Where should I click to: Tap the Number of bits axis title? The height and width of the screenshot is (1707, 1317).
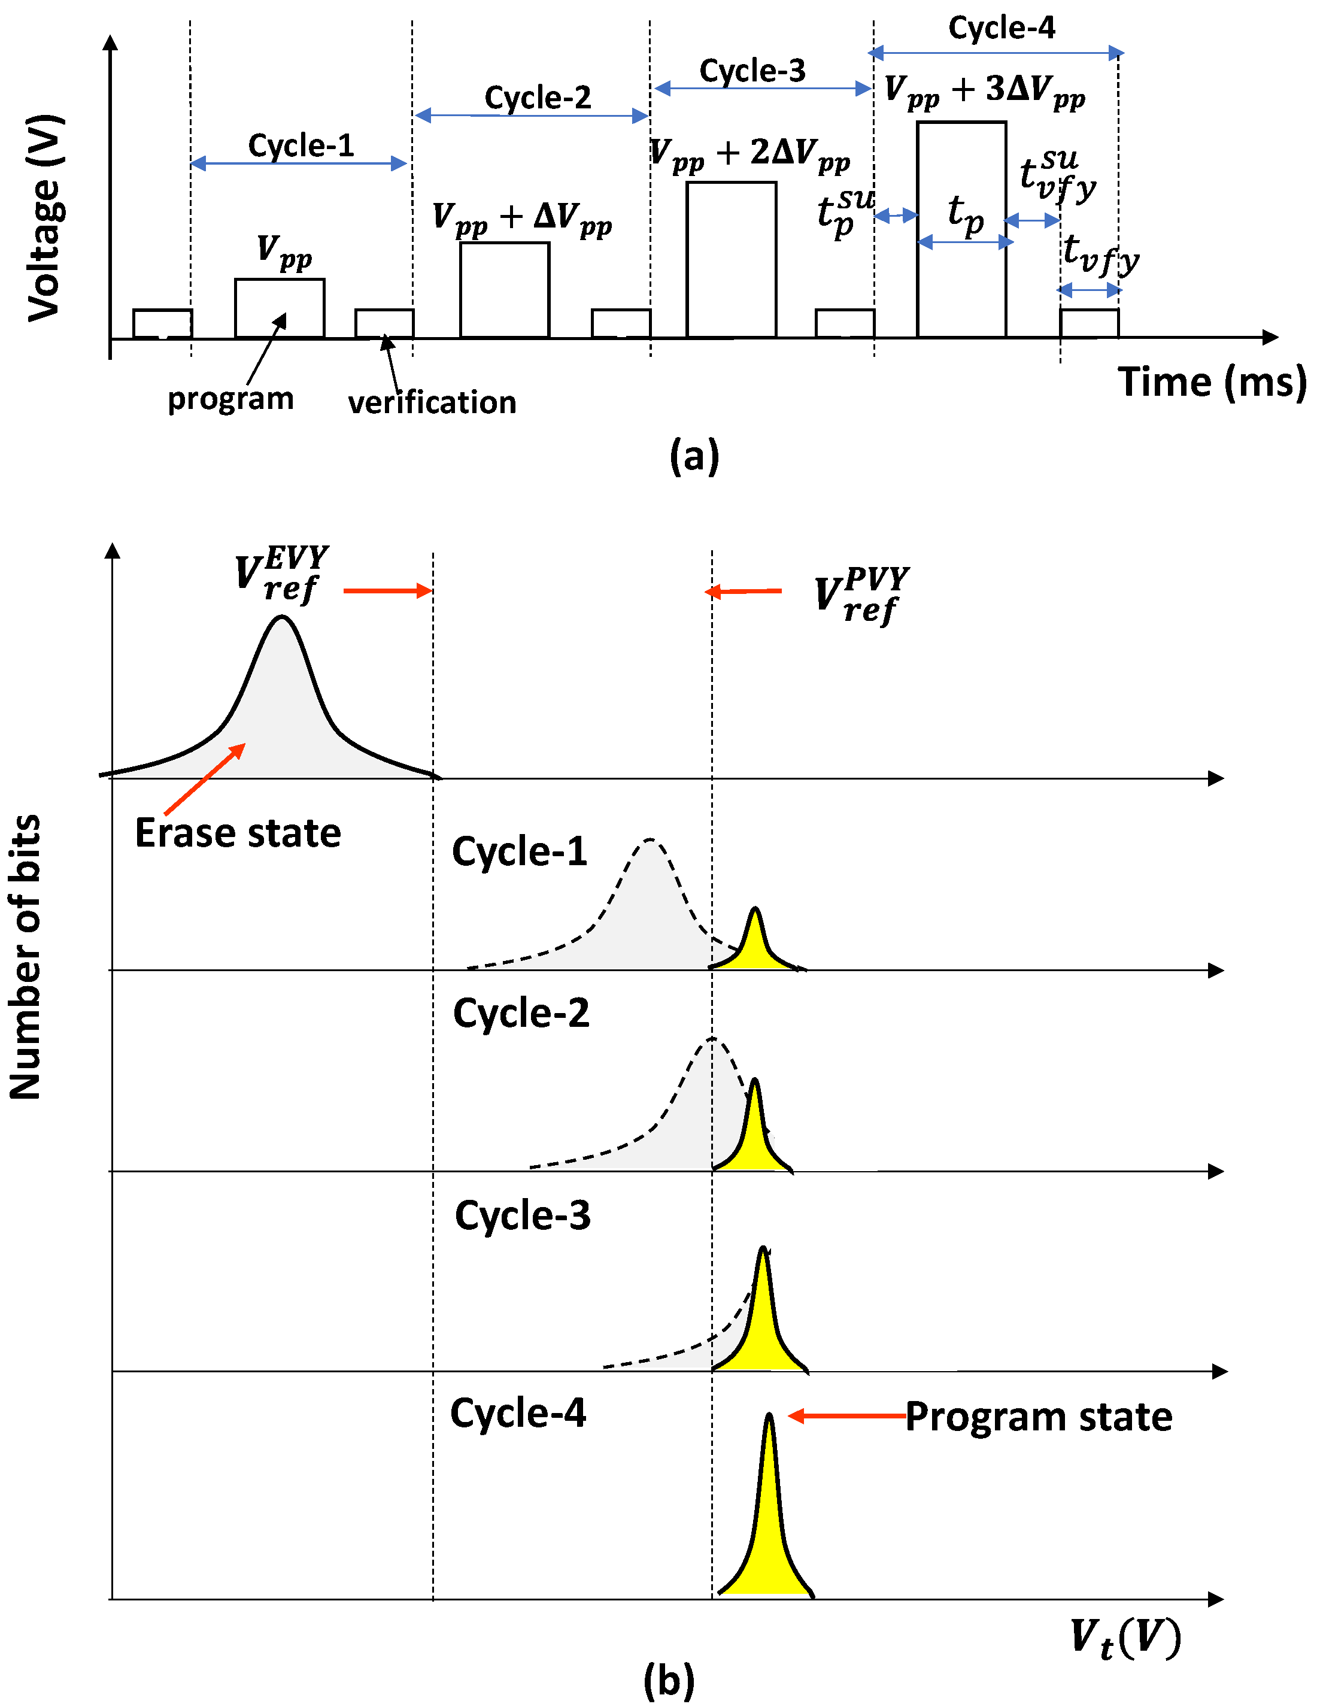pyautogui.click(x=25, y=957)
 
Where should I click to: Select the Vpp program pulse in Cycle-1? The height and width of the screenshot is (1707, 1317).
pyautogui.click(x=279, y=307)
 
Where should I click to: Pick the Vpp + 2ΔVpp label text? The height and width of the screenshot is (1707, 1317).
pyautogui.click(x=749, y=154)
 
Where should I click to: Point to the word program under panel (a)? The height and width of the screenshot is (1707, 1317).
pyautogui.click(x=230, y=399)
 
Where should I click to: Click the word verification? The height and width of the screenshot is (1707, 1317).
pyautogui.click(x=432, y=402)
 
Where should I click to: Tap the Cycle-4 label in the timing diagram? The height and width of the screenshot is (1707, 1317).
pyautogui.click(x=1002, y=29)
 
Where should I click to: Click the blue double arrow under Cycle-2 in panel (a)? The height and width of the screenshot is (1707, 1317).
pyautogui.click(x=532, y=116)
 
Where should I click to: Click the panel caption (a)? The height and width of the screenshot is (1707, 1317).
pyautogui.click(x=694, y=456)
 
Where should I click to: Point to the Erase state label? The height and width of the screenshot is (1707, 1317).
pyautogui.click(x=238, y=833)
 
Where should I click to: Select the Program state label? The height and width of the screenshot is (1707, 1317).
pyautogui.click(x=1039, y=1416)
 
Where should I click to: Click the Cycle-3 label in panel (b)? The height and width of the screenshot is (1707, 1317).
pyautogui.click(x=522, y=1215)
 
